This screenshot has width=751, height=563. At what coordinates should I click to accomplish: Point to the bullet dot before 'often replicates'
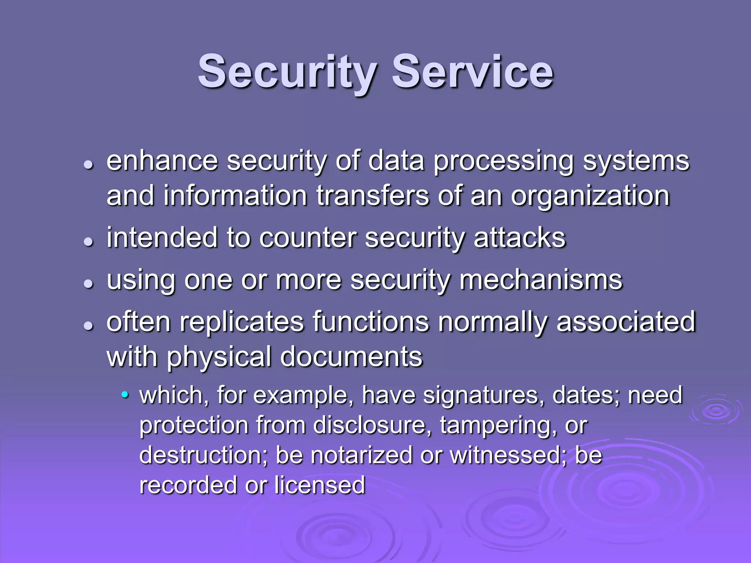pyautogui.click(x=88, y=325)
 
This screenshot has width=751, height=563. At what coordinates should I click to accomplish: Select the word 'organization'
pyautogui.click(x=590, y=196)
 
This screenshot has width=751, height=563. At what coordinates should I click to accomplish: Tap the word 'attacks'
pyautogui.click(x=520, y=238)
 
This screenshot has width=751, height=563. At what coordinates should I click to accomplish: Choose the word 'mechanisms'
pyautogui.click(x=541, y=280)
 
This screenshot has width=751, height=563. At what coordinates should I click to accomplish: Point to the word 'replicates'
pyautogui.click(x=242, y=322)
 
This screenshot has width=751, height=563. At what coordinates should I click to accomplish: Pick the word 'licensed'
pyautogui.click(x=319, y=485)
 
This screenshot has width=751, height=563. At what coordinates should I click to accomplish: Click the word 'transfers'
pyautogui.click(x=372, y=196)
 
